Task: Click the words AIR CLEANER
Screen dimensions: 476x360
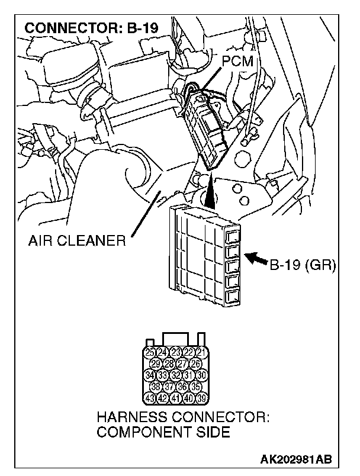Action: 77,241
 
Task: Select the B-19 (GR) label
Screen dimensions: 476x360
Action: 303,265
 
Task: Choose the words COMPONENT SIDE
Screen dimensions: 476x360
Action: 163,432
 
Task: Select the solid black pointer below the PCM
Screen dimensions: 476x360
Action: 211,192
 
